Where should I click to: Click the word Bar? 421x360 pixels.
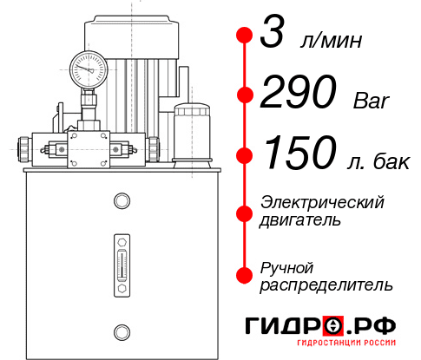tap(372, 102)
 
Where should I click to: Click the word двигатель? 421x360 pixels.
tap(300, 220)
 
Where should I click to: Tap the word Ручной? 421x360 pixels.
tap(286, 267)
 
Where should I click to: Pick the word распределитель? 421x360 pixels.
tap(326, 285)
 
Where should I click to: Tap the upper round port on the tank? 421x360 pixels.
tap(121, 201)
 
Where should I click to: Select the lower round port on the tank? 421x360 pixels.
tap(121, 331)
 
